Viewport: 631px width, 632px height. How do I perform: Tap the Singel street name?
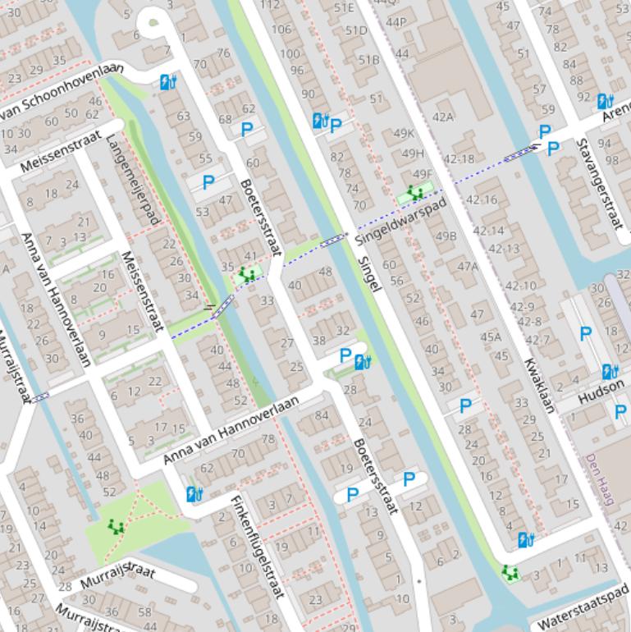370,272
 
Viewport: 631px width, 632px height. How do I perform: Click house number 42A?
442,117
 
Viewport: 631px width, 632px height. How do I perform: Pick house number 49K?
404,134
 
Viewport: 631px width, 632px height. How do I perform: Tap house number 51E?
344,8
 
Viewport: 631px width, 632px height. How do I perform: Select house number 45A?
490,337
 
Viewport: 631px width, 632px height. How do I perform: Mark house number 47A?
467,266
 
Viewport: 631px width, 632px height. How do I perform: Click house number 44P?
396,21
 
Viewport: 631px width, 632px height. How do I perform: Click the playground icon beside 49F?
414,194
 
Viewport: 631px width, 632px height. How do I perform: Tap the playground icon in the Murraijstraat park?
116,526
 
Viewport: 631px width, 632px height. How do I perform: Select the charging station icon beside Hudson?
610,372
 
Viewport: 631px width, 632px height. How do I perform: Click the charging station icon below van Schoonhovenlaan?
167,82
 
